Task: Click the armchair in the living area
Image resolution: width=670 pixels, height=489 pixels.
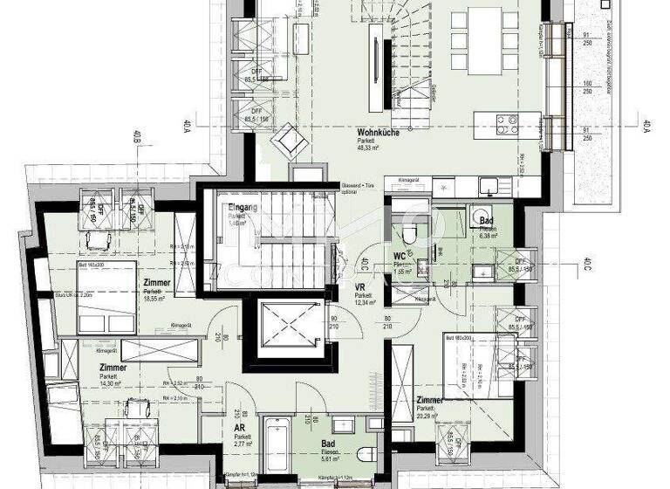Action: (x=288, y=140)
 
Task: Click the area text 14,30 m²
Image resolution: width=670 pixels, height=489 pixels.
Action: (x=112, y=383)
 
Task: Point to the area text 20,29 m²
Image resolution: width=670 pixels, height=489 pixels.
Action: (x=429, y=417)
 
